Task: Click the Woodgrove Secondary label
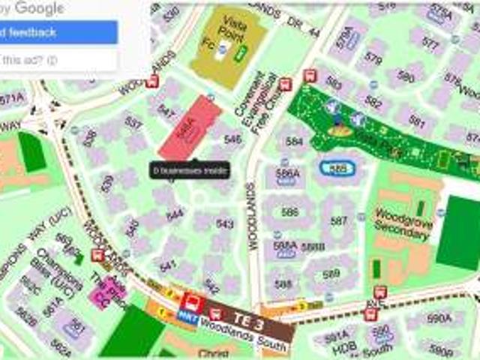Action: click(402, 223)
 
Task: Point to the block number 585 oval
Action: click(340, 169)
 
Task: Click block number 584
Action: click(294, 140)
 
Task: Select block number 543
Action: click(224, 223)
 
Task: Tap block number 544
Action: click(175, 214)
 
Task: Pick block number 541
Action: click(168, 265)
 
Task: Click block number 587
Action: click(339, 220)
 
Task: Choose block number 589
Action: click(331, 274)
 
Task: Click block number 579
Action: click(373, 58)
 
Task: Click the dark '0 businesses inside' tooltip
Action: click(189, 170)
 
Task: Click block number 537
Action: click(133, 122)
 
